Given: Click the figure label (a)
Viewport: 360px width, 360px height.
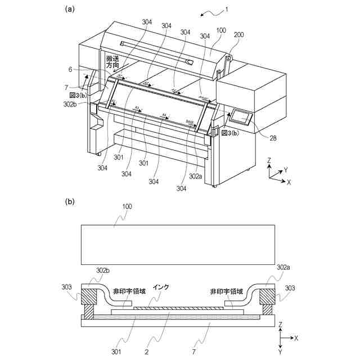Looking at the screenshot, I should point(70,8).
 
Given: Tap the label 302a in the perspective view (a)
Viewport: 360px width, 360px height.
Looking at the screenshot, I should point(196,176).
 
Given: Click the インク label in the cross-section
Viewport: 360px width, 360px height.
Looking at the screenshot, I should point(161,286).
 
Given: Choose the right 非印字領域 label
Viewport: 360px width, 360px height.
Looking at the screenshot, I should point(227,292).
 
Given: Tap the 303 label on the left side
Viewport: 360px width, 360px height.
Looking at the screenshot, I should point(66,287).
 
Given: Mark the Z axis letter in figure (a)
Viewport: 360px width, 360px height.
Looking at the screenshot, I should point(270,160).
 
